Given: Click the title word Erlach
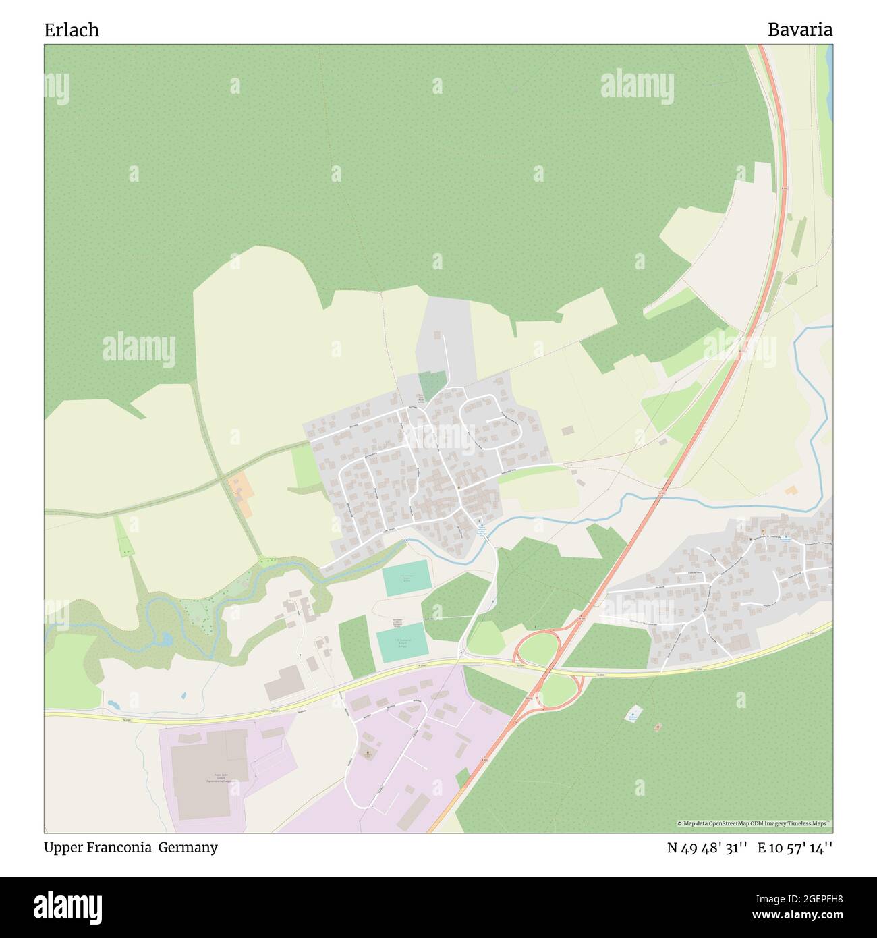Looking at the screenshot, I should coord(72,30).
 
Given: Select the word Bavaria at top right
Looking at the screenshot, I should coord(799,30).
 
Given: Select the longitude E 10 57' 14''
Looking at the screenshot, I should coord(795,848).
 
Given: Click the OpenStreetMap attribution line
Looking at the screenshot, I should coord(754,824).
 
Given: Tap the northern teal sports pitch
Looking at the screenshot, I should coord(406,578).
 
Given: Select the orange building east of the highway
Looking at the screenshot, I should coord(791,490).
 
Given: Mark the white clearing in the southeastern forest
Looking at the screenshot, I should coord(633,714).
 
